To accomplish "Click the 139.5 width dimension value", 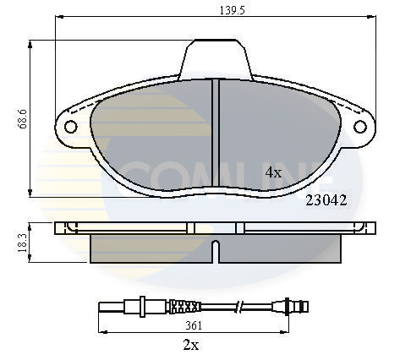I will point(216,11).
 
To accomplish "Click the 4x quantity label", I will point(273,172).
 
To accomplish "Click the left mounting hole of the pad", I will point(70,128).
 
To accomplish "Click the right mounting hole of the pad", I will point(362,128).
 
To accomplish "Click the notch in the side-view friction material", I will point(216,250).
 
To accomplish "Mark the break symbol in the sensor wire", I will point(241,305).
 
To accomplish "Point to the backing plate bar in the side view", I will point(216,228).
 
